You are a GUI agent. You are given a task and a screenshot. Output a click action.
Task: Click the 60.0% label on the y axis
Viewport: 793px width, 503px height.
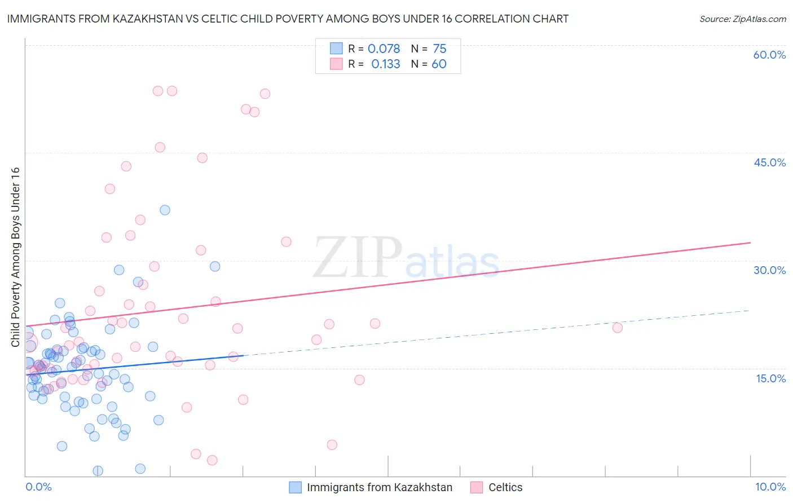pyautogui.click(x=769, y=55)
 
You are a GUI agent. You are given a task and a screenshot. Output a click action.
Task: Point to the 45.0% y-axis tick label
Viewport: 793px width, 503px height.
pyautogui.click(x=769, y=162)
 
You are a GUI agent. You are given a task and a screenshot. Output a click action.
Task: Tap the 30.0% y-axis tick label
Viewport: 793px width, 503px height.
pyautogui.click(x=769, y=270)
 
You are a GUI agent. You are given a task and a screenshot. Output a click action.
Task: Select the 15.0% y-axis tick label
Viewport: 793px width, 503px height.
pyautogui.click(x=770, y=378)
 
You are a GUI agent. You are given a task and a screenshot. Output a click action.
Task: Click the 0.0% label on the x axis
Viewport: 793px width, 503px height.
pyautogui.click(x=38, y=487)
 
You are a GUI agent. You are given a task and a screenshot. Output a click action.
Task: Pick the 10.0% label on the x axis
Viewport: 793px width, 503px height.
pyautogui.click(x=770, y=487)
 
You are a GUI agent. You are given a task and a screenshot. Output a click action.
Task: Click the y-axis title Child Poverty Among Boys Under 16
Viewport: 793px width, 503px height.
pyautogui.click(x=15, y=257)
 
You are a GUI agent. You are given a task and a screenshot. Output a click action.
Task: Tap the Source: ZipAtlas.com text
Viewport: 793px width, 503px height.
pyautogui.click(x=742, y=19)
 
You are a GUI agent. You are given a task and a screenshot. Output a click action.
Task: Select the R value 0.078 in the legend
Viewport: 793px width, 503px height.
pyautogui.click(x=384, y=49)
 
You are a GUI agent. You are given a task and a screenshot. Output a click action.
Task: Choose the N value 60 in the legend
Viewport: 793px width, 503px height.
pyautogui.click(x=439, y=64)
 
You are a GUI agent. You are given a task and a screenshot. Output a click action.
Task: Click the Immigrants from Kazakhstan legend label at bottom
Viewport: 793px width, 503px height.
pyautogui.click(x=380, y=487)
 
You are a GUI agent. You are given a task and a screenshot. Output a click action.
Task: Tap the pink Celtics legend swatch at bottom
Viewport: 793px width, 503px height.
pyautogui.click(x=477, y=487)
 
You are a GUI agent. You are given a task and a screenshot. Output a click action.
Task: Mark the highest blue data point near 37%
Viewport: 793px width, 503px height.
pyautogui.click(x=165, y=210)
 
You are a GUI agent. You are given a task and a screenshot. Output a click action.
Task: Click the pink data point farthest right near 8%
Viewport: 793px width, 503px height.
pyautogui.click(x=617, y=328)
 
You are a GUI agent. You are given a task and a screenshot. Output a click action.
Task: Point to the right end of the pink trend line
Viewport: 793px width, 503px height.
pyautogui.click(x=750, y=242)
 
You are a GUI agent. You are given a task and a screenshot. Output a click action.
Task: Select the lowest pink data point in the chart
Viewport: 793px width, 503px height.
pyautogui.click(x=212, y=460)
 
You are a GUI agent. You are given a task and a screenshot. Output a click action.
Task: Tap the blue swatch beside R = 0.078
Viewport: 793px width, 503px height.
pyautogui.click(x=336, y=49)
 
